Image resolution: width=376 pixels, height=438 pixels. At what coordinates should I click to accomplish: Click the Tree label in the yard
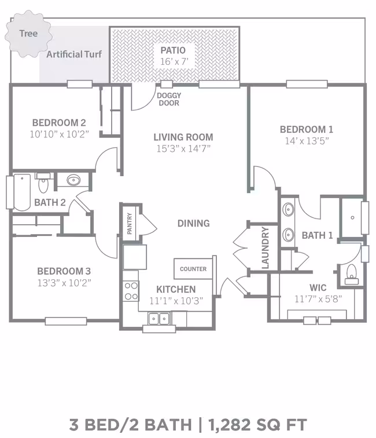28,34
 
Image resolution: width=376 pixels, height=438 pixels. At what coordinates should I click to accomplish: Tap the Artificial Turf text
74,54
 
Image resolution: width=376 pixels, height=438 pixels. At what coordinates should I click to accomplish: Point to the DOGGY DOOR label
169,99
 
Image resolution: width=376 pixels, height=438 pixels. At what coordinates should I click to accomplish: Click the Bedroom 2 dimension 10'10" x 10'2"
59,134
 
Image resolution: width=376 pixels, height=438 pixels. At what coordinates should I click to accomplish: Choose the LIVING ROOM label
183,137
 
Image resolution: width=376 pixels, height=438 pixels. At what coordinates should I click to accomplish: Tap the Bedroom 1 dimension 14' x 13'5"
307,141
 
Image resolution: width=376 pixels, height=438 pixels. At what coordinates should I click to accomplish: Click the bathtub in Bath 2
22,192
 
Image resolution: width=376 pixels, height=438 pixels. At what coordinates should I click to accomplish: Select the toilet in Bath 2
43,183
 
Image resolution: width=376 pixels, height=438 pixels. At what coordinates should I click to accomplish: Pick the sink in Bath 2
73,180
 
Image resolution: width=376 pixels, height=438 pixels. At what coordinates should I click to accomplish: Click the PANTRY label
130,224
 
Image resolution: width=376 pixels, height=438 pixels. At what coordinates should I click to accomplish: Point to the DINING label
194,223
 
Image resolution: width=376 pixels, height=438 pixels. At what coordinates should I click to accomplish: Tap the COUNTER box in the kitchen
193,269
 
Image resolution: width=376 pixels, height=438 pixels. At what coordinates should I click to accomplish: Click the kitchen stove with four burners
131,291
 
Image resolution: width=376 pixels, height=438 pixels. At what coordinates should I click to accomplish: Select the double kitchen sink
158,319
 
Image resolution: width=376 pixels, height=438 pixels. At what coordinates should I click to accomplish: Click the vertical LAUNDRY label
266,248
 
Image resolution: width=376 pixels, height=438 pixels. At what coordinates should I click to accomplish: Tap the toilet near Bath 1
352,275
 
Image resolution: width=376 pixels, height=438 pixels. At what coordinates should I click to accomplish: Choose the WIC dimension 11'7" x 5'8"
318,299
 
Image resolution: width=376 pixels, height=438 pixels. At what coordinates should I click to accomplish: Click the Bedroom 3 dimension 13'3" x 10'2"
64,283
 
